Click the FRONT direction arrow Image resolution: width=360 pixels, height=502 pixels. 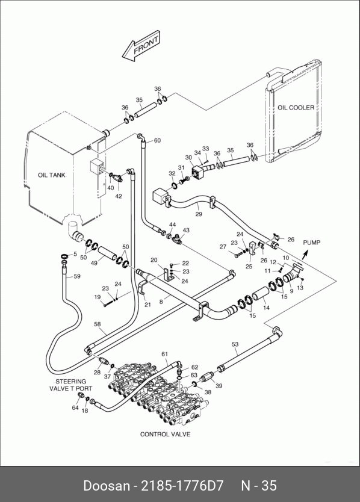(141, 46)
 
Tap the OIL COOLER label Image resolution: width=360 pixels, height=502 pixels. (296, 108)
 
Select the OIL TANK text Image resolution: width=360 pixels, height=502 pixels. (52, 175)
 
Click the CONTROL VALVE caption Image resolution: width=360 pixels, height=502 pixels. (166, 435)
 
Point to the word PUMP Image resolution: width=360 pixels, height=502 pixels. (312, 243)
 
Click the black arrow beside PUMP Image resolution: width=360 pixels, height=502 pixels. (305, 254)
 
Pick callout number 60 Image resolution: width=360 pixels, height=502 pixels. (157, 140)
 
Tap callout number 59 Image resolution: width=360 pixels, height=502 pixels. (77, 276)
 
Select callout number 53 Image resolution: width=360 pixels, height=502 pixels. (235, 344)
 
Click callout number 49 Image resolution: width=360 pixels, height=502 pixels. (94, 263)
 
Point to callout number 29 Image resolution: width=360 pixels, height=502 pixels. (199, 214)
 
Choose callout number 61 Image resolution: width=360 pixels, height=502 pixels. (164, 354)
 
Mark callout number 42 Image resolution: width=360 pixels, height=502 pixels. (119, 196)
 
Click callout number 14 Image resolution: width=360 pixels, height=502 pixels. (266, 308)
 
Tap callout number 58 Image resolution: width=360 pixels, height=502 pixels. (98, 324)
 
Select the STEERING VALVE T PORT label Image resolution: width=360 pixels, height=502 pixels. (71, 385)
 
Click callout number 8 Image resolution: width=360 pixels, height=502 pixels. (161, 302)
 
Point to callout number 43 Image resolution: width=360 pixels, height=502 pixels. (186, 230)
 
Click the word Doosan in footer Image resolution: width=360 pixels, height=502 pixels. (107, 485)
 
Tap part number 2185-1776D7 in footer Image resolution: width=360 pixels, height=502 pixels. (182, 485)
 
